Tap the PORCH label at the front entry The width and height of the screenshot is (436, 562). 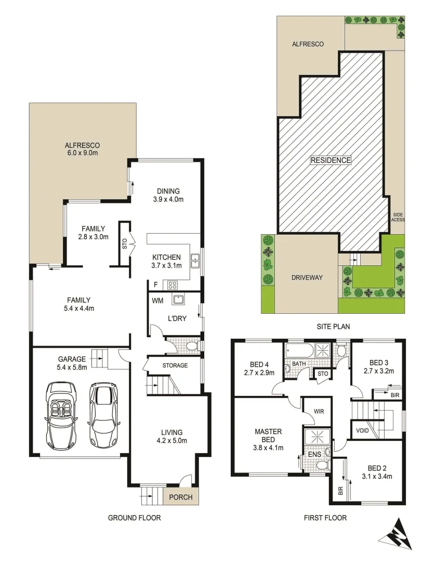[181, 497]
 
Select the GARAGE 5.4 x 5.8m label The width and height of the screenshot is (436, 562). [72, 363]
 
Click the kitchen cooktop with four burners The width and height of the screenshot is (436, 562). [172, 285]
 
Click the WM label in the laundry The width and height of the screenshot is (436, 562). [157, 301]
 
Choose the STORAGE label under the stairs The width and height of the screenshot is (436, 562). [175, 365]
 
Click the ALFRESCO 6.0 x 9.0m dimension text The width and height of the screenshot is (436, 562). [82, 153]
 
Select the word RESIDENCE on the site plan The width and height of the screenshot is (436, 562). [331, 160]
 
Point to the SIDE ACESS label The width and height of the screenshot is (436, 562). [398, 217]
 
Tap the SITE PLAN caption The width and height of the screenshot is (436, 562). [333, 327]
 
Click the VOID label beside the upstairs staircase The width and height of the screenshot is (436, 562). [362, 431]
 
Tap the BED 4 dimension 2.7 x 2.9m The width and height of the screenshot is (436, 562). [258, 372]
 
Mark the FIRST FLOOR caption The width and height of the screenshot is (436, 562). [325, 518]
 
